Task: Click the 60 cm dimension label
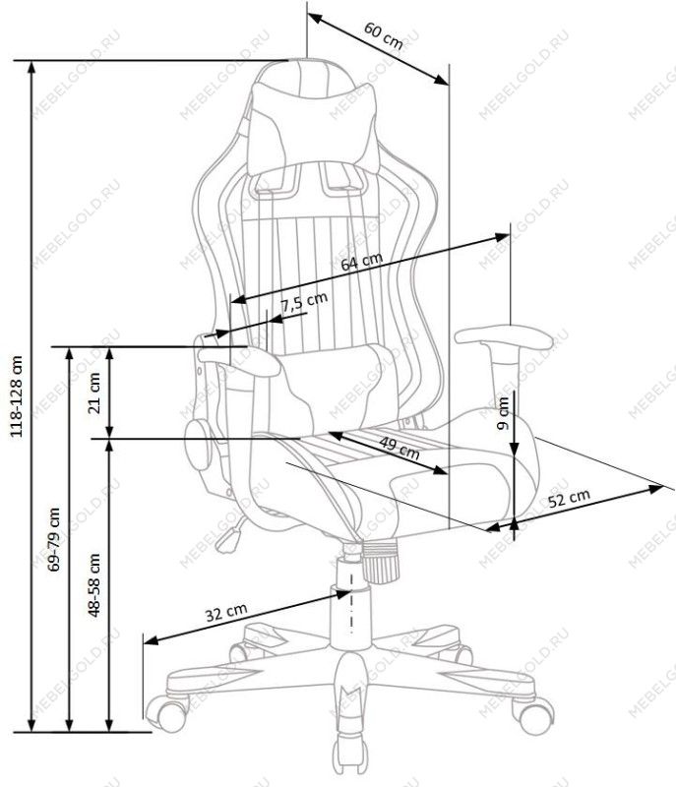click(x=384, y=35)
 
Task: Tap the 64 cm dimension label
click(x=361, y=262)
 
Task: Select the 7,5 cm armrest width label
click(x=304, y=302)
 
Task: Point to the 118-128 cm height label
click(x=17, y=396)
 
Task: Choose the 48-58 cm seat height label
click(x=93, y=584)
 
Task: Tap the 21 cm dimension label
click(x=93, y=393)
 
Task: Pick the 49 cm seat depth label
click(x=399, y=449)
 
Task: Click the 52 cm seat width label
click(x=569, y=498)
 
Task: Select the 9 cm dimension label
click(x=503, y=413)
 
